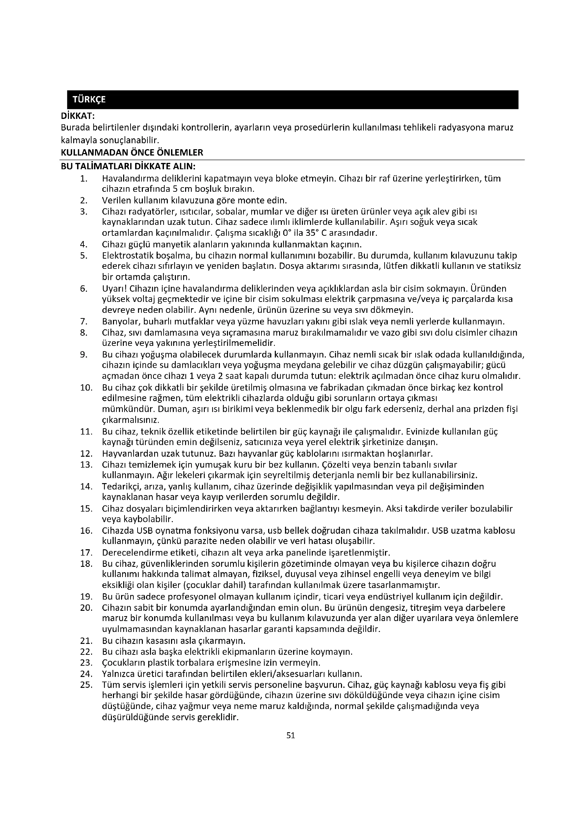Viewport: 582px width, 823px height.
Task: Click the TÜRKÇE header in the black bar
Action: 89,100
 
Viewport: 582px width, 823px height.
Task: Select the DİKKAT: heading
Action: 78,116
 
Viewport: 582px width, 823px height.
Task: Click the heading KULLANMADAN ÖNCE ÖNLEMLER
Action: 132,152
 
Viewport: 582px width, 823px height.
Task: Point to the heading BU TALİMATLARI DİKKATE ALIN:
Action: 128,167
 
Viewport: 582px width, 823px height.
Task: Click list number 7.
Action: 84,321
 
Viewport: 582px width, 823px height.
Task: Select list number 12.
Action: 86,454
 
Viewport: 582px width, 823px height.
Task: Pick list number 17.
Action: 86,552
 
